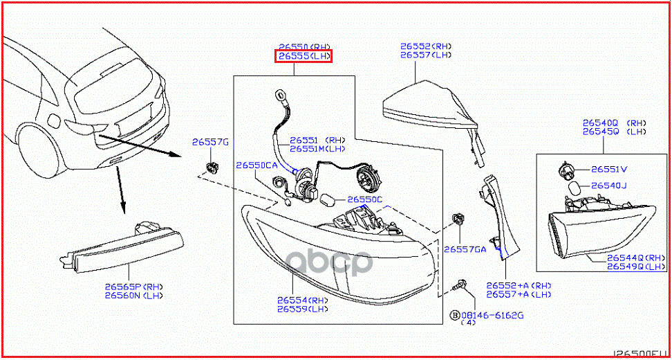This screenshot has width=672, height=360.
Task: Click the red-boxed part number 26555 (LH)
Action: (304, 57)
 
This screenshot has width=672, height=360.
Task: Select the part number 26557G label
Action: (210, 142)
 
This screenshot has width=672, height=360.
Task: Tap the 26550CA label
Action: (256, 165)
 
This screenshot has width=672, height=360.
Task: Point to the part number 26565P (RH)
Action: (133, 286)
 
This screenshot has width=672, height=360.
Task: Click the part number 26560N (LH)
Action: (132, 296)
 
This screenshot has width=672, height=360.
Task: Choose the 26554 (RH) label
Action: (303, 300)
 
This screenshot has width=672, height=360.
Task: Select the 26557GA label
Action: (466, 249)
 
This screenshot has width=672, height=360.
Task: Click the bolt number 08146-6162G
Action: (492, 315)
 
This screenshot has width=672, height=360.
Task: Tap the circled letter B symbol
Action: (455, 315)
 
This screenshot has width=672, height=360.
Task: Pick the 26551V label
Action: (609, 169)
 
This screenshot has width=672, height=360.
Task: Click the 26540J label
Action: (608, 186)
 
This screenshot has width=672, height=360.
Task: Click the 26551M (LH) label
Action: (317, 148)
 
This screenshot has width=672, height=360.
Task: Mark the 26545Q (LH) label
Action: (615, 131)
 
